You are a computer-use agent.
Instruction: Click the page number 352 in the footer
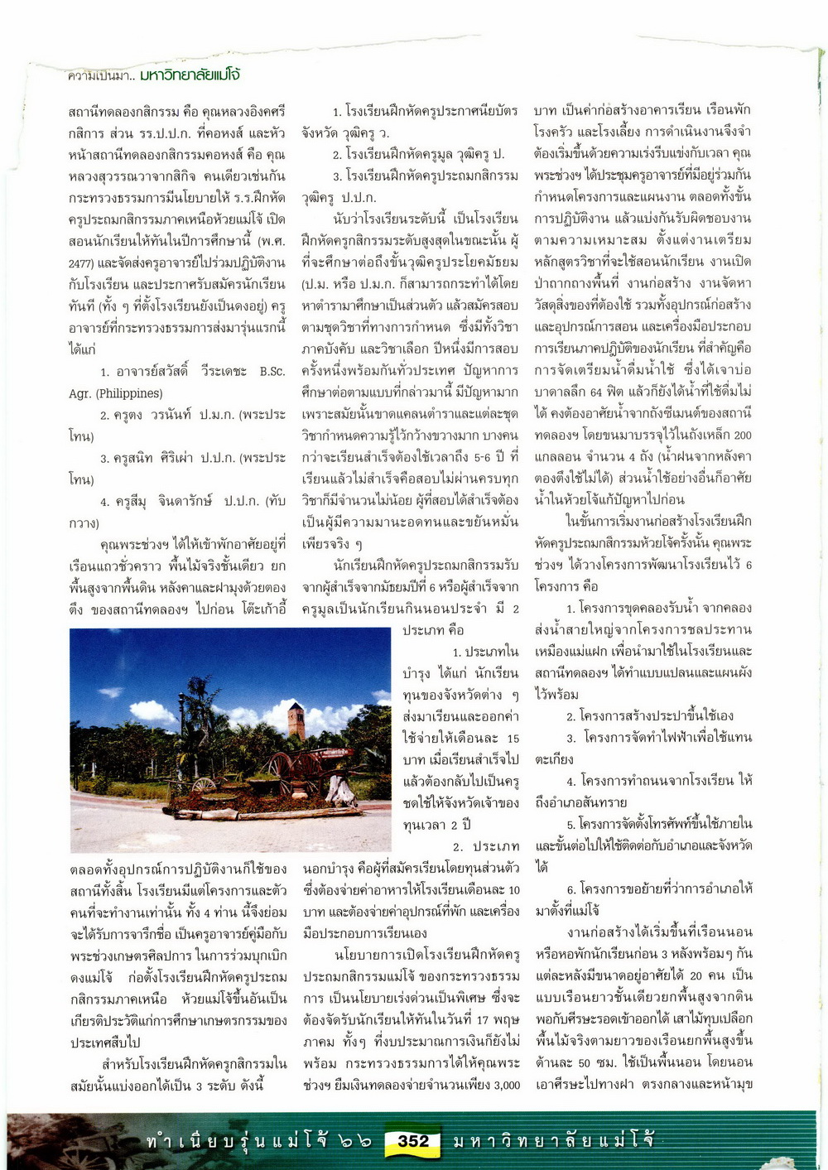pos(412,1141)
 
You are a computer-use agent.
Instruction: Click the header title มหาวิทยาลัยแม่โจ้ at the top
pos(190,75)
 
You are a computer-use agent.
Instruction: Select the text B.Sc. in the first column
pos(272,372)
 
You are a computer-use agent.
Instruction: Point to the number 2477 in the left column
pos(82,262)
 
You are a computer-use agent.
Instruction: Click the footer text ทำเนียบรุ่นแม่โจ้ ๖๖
pos(258,1142)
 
